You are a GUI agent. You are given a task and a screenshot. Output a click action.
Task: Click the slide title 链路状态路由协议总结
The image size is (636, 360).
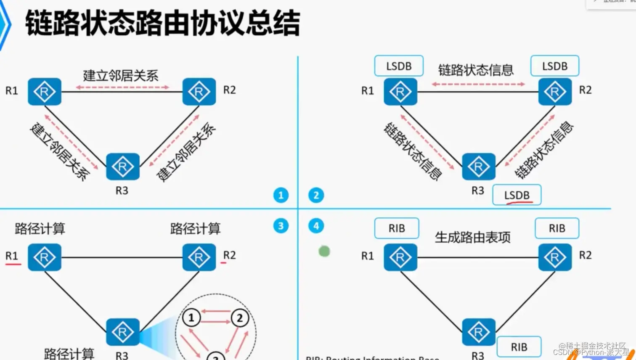click(x=162, y=23)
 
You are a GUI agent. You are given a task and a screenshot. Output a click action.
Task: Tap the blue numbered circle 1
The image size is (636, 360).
click(x=281, y=195)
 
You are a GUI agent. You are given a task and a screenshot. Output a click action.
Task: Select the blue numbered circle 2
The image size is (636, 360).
click(x=316, y=195)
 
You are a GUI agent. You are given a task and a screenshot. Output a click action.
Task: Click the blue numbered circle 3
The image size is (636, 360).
click(x=281, y=226)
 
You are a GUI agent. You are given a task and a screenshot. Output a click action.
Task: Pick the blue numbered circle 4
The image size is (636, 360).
click(x=316, y=226)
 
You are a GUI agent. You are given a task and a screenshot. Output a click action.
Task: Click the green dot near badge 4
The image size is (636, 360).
click(x=324, y=251)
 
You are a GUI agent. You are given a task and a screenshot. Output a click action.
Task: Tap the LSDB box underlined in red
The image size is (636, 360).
click(x=517, y=195)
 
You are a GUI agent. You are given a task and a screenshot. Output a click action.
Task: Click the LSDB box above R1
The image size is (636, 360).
click(x=398, y=66)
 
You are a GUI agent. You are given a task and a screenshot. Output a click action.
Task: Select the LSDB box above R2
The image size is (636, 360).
click(x=554, y=66)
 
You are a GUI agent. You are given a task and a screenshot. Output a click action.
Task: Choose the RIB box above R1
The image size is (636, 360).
click(x=397, y=228)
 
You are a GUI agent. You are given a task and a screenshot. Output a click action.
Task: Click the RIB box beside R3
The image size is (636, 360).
click(x=519, y=347)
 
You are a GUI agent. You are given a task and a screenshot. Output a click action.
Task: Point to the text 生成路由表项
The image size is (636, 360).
click(x=472, y=237)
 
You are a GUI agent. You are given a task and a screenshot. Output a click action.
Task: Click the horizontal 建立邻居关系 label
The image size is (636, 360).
click(x=121, y=76)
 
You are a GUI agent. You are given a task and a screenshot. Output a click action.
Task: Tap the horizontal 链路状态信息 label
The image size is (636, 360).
click(x=476, y=70)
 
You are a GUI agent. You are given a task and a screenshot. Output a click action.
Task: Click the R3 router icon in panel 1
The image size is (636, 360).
click(x=122, y=167)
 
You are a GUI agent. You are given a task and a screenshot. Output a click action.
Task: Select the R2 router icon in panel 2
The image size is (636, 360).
click(x=555, y=91)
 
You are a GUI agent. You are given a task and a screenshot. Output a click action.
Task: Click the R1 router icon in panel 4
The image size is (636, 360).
click(x=400, y=257)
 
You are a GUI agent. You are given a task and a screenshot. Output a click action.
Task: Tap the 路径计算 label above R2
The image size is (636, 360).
click(x=195, y=228)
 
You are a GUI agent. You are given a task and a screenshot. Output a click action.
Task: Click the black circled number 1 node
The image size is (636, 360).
click(x=191, y=318)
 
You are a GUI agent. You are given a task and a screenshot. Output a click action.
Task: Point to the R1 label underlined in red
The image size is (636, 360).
click(x=12, y=256)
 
